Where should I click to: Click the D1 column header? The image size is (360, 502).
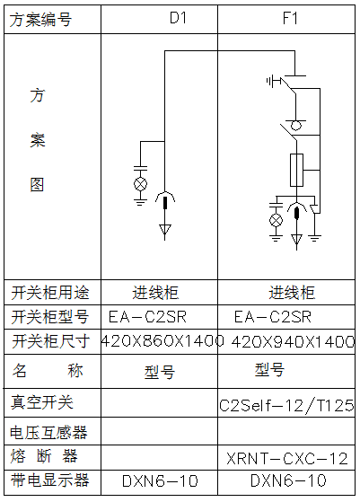(178, 18)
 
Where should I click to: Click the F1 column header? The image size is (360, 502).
(290, 18)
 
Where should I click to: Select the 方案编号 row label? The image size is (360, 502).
(40, 20)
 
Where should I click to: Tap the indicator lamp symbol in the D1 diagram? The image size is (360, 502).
(140, 184)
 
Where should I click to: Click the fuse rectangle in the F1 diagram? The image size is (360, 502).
(296, 170)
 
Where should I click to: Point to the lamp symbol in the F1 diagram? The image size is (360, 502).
(277, 220)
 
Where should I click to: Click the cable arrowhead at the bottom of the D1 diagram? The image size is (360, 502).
(165, 230)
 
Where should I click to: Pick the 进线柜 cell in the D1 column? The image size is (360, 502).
(155, 292)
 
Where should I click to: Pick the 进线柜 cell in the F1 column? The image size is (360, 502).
(292, 292)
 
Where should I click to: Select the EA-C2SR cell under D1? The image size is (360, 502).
(147, 317)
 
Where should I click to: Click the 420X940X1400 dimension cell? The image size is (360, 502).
(293, 341)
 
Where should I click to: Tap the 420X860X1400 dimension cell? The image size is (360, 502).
(162, 341)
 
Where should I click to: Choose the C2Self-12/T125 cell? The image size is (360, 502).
(286, 405)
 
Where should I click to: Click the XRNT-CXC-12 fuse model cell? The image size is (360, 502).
(287, 459)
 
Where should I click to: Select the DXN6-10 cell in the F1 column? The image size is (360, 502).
(288, 480)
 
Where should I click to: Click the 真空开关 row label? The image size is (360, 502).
(42, 402)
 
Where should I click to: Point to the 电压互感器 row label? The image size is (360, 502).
(48, 432)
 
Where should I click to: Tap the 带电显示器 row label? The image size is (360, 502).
(49, 480)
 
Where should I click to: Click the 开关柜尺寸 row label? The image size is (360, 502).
(51, 341)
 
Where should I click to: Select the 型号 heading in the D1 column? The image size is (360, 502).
(160, 372)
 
